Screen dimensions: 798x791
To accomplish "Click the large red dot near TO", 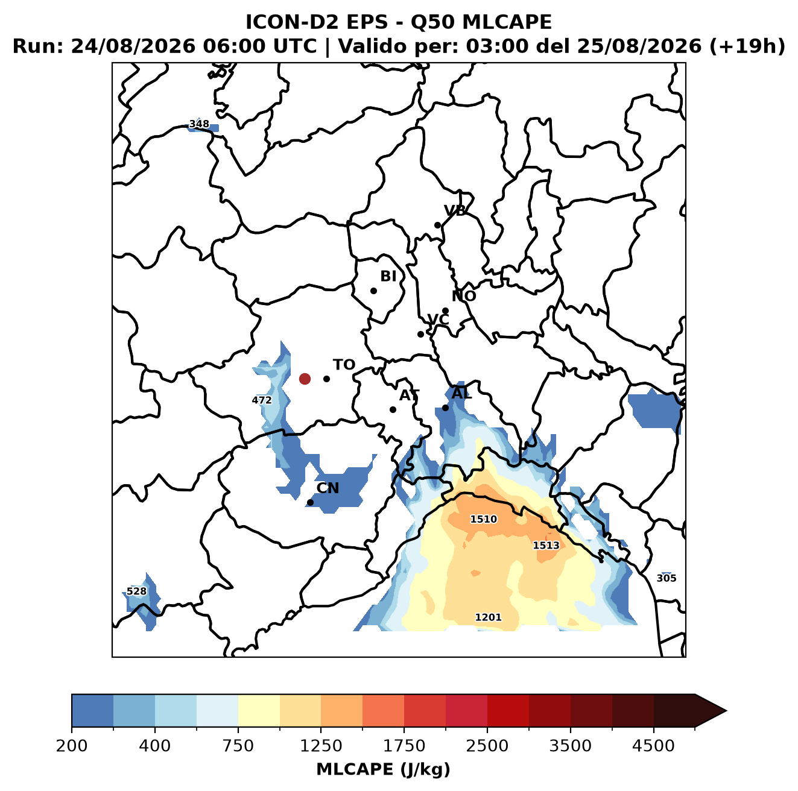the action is pyautogui.click(x=305, y=379).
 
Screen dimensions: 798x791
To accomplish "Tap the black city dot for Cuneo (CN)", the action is pyautogui.click(x=310, y=502).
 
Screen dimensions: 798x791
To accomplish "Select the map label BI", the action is pyautogui.click(x=388, y=276).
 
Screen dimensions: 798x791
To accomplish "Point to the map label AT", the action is pyautogui.click(x=409, y=395).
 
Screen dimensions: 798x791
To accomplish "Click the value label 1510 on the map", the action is pyautogui.click(x=483, y=519).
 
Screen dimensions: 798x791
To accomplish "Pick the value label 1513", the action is pyautogui.click(x=546, y=545).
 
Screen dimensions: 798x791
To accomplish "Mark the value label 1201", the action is pyautogui.click(x=488, y=617).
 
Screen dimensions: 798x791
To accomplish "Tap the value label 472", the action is pyautogui.click(x=262, y=400).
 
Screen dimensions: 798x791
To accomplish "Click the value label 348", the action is pyautogui.click(x=199, y=124).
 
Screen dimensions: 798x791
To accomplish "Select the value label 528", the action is pyautogui.click(x=136, y=591).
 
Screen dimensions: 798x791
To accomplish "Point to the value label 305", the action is pyautogui.click(x=667, y=578).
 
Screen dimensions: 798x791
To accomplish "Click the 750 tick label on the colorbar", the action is pyautogui.click(x=238, y=745).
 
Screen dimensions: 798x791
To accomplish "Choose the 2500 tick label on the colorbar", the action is pyautogui.click(x=487, y=745).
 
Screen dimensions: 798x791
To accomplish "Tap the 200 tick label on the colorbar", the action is pyautogui.click(x=72, y=745).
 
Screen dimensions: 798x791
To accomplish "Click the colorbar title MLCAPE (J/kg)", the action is pyautogui.click(x=383, y=769).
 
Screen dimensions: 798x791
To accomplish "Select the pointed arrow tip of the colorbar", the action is pyautogui.click(x=726, y=711).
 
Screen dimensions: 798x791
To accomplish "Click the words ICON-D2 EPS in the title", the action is pyautogui.click(x=317, y=22).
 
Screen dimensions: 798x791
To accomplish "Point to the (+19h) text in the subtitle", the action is pyautogui.click(x=747, y=46).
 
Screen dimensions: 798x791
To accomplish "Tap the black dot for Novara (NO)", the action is pyautogui.click(x=445, y=310).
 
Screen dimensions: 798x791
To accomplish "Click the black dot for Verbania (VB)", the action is pyautogui.click(x=437, y=225).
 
